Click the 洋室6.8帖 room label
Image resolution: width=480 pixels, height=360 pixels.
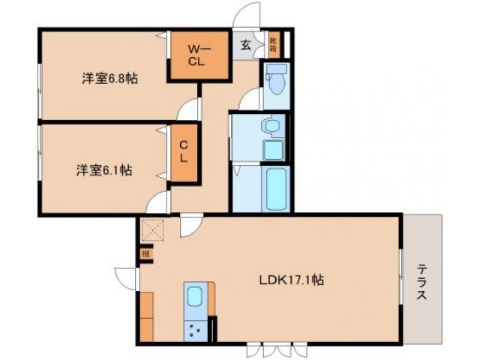(x=109, y=77)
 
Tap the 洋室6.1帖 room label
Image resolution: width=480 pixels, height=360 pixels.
(x=103, y=170)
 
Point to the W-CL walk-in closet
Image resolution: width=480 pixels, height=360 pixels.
(x=196, y=55)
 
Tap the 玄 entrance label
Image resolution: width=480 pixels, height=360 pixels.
(x=246, y=44)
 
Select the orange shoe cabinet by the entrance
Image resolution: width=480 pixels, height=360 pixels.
(x=273, y=46)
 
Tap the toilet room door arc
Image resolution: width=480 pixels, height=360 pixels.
(x=252, y=98)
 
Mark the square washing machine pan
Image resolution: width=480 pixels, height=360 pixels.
(x=272, y=150)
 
